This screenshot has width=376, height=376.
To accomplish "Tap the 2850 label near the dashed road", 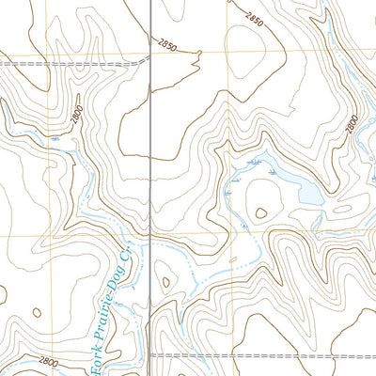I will pos(167,44).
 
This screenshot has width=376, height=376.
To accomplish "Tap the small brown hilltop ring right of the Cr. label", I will pos(165,280).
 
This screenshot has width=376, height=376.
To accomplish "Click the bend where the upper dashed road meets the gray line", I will pos(149,60).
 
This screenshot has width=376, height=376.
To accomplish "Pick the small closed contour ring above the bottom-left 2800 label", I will pos(38,313).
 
